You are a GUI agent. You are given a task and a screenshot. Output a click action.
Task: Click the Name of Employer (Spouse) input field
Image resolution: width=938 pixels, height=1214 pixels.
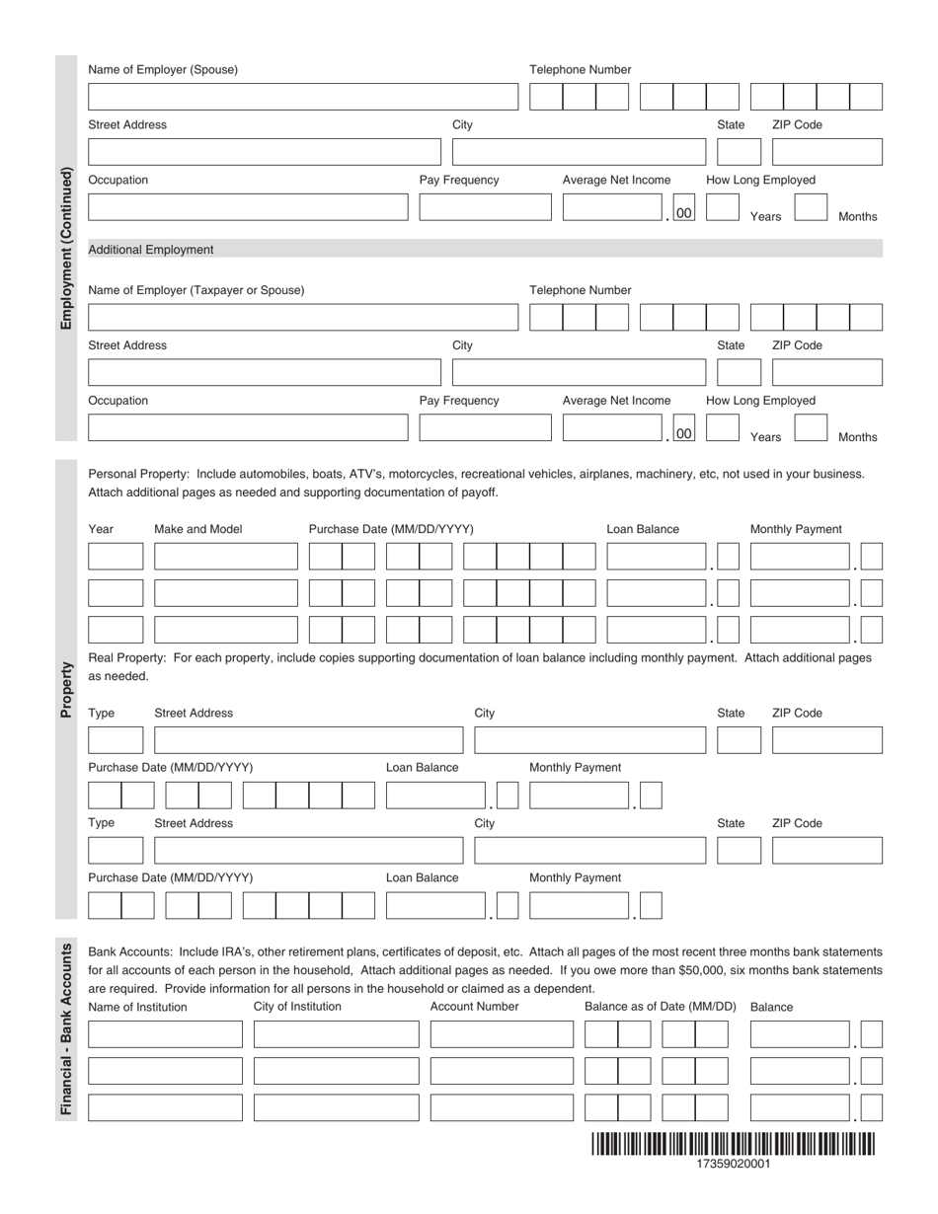coord(302,97)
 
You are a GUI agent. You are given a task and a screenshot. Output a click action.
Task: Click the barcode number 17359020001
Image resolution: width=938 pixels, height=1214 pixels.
coord(733,1164)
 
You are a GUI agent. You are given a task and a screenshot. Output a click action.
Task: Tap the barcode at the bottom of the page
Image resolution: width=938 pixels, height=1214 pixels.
coord(733,1144)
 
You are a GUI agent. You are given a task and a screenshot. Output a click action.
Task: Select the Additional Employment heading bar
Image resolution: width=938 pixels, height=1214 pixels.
coord(485,250)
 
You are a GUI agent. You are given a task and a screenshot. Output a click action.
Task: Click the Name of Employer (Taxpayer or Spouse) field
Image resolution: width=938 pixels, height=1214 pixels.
coord(302,318)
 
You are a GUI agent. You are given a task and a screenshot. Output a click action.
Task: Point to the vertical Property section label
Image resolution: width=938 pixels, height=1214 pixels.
coord(66,689)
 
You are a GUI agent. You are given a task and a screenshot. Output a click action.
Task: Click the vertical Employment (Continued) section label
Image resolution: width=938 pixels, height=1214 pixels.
coord(66,248)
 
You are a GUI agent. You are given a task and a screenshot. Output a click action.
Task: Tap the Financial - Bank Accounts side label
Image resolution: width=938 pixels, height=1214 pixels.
coord(66,1028)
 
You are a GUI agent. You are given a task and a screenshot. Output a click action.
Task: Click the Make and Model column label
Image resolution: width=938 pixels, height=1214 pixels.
coord(197,529)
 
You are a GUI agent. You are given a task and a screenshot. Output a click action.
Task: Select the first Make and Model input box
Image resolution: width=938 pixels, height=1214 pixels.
coord(225,557)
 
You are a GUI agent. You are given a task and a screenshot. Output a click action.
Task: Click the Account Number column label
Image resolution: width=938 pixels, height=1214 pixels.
coord(474,1007)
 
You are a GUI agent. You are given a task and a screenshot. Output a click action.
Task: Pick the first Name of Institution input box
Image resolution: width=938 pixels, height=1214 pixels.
coord(165,1034)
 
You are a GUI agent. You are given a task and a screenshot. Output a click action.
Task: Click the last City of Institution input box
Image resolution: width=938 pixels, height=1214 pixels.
coord(336,1107)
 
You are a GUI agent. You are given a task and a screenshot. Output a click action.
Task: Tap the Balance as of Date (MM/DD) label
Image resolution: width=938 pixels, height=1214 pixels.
coord(660,1007)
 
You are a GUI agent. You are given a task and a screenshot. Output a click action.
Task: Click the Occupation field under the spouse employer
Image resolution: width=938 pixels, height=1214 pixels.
coord(247,207)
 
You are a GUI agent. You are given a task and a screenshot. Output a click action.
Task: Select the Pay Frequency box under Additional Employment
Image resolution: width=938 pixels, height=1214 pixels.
coord(485,428)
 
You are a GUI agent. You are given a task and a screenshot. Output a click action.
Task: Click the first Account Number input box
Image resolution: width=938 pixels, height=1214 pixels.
coord(502,1034)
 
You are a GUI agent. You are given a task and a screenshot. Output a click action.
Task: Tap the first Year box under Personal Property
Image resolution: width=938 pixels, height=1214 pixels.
coord(116,557)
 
